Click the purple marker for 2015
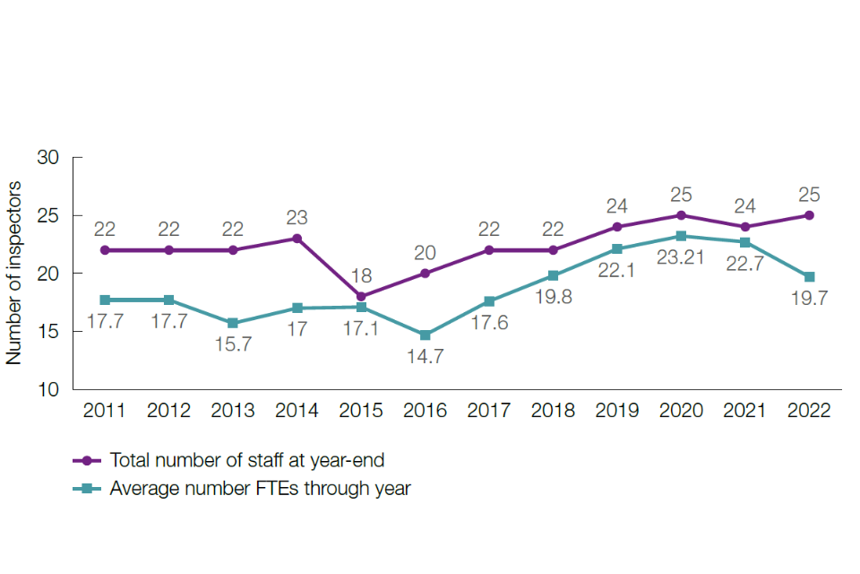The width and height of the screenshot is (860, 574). pos(361,296)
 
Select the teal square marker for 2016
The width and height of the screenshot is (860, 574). pos(425,335)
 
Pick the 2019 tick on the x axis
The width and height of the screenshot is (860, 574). pos(617,411)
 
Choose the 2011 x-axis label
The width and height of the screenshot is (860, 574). pos(105,411)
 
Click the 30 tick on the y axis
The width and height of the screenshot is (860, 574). pos(47,158)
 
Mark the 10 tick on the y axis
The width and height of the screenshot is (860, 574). pos(47,390)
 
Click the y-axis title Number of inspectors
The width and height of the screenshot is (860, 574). pos(14,274)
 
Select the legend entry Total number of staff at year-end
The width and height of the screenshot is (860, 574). pos(245,460)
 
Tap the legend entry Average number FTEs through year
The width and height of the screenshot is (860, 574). pos(260,489)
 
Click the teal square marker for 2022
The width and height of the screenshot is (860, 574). pos(809,277)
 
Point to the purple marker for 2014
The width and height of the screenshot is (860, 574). pos(297,239)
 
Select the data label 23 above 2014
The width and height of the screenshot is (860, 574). pos(297,216)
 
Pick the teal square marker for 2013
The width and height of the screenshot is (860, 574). pos(233,323)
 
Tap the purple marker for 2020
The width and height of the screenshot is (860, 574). pos(681,215)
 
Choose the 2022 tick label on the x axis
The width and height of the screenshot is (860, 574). pos(809,411)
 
